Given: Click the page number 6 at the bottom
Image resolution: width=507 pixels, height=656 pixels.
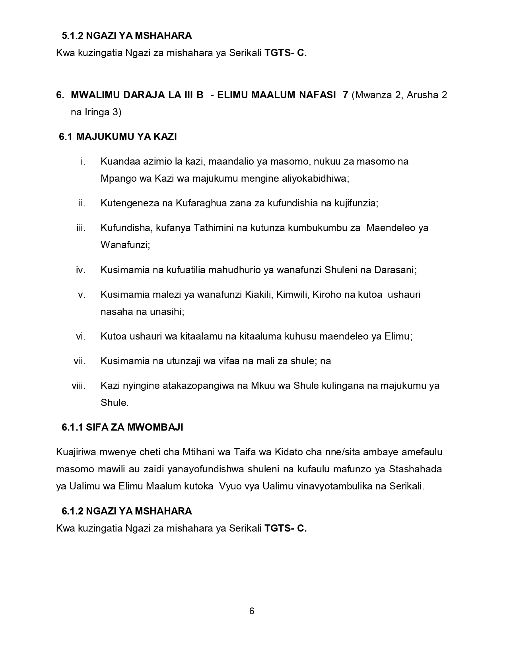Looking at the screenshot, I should [x=252, y=611].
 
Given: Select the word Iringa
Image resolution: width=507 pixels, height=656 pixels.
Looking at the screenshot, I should [x=97, y=112].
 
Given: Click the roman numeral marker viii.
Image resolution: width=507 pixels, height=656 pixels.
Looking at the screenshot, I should [x=79, y=386].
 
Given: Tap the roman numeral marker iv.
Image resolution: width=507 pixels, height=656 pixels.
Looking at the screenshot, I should [x=81, y=270].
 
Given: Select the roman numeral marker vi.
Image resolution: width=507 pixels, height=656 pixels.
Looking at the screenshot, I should [x=81, y=336].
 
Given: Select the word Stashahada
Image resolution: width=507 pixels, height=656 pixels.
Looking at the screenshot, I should [x=415, y=469].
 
